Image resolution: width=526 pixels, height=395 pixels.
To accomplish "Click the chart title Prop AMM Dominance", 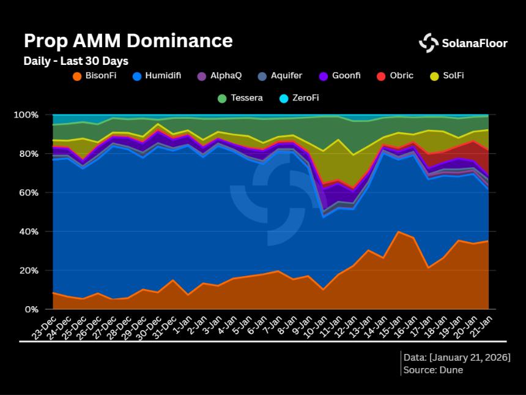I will pos(128,41).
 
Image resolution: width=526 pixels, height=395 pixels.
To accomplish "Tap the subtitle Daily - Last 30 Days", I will pos(76,61).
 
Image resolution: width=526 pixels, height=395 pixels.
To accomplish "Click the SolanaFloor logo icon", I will pos(428,43).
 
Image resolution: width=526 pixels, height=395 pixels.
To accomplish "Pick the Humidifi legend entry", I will pos(157,76).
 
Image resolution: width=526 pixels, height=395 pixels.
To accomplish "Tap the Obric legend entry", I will pos(395,76).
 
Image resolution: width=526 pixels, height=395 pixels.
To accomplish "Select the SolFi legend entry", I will pos(449,76).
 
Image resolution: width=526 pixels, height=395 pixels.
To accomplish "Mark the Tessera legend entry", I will pos(242,98).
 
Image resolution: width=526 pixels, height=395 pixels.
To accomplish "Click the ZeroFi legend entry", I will pos(298,98).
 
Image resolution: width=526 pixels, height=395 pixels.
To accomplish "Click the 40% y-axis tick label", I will pos(28,231).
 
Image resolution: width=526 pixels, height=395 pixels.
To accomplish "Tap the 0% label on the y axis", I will pos(31,310).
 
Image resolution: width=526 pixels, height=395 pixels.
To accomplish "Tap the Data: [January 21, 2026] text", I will pos(456,358).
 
